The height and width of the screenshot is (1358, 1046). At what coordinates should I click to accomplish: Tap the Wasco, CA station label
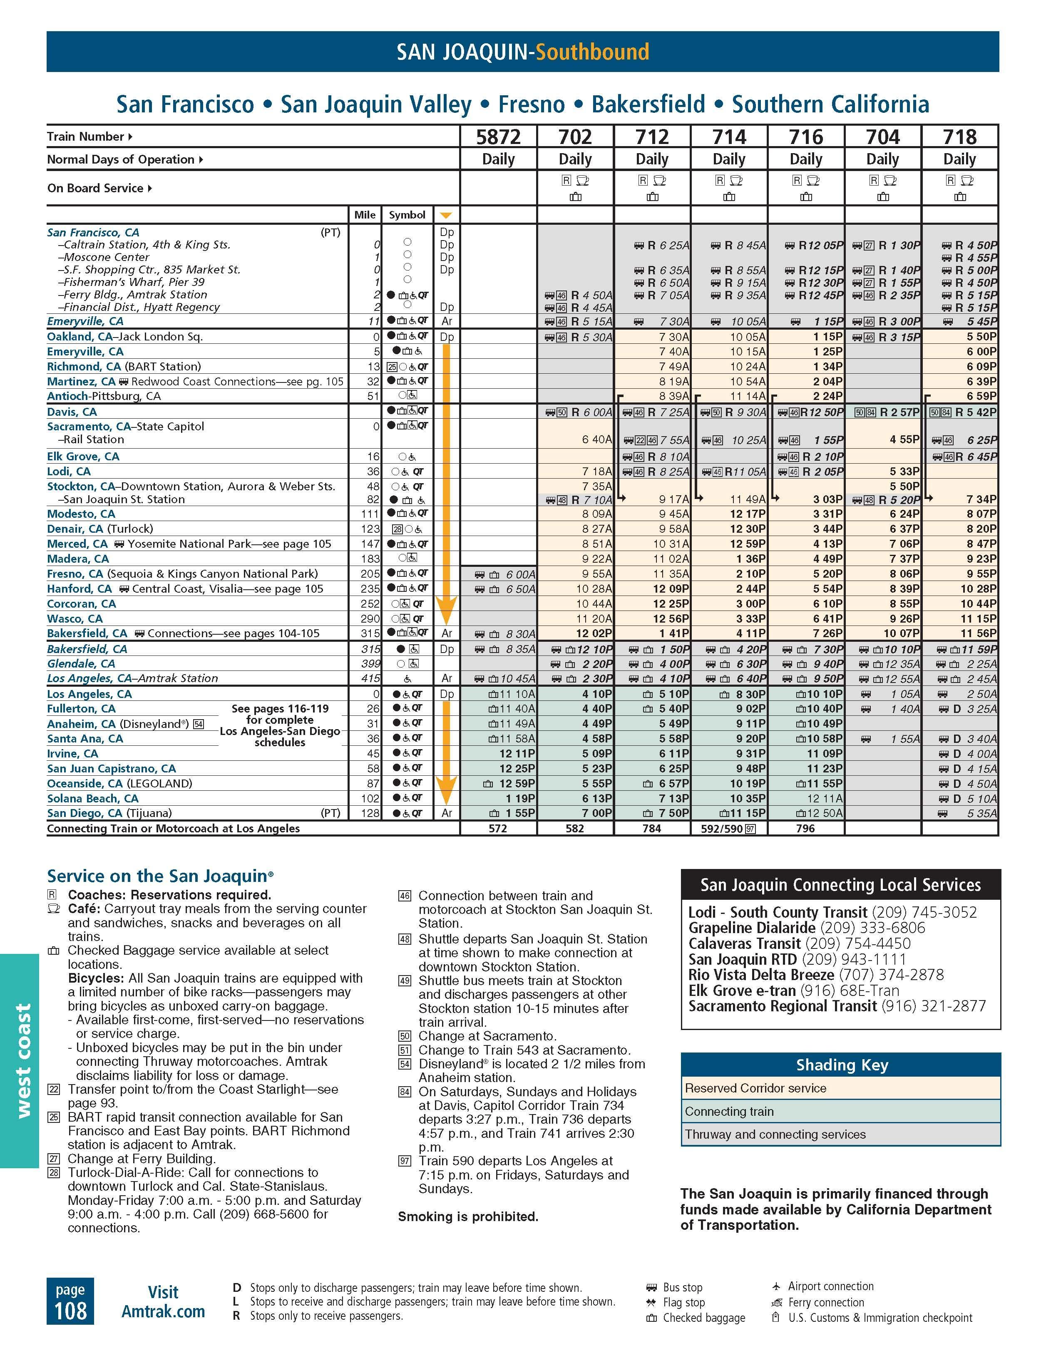point(75,619)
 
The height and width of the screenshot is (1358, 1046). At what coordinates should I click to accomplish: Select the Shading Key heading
point(841,1065)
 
